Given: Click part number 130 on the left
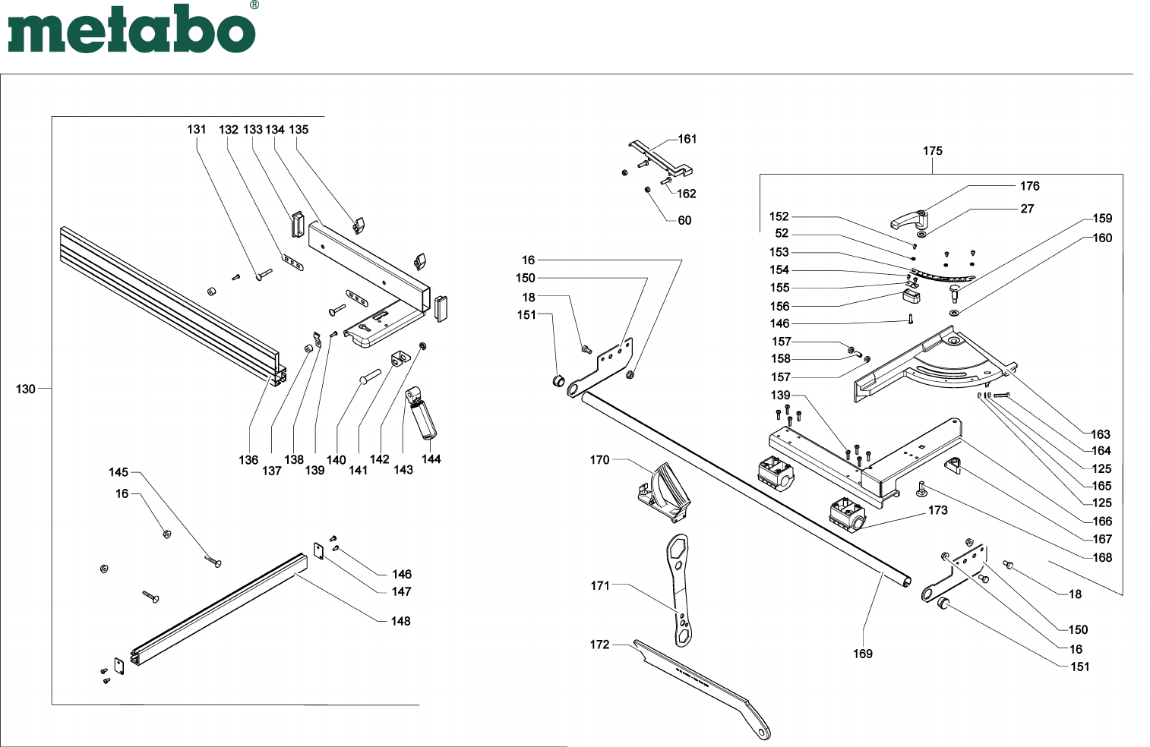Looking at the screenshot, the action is pyautogui.click(x=26, y=389).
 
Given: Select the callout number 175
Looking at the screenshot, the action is pyautogui.click(x=932, y=151).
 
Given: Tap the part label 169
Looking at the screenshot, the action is pyautogui.click(x=863, y=654).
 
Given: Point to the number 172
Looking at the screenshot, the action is pyautogui.click(x=599, y=645).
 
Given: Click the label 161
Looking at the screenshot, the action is pyautogui.click(x=687, y=139).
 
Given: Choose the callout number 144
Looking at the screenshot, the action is pyautogui.click(x=431, y=459).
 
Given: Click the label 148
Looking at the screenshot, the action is pyautogui.click(x=400, y=621).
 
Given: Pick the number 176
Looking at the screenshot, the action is pyautogui.click(x=1029, y=186).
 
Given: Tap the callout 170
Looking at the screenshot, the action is pyautogui.click(x=599, y=460).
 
